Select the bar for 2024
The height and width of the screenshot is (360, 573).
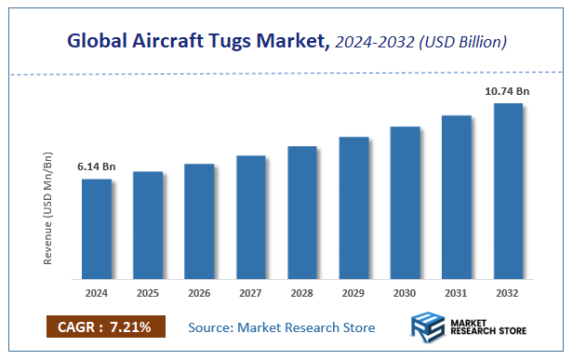(x=97, y=229)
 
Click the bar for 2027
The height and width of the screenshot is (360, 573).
(x=251, y=217)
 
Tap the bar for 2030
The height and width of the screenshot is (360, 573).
(x=406, y=202)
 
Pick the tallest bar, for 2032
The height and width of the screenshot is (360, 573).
(x=508, y=191)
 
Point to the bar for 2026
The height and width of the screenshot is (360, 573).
(x=199, y=221)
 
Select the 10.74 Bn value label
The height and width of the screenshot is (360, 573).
(x=508, y=91)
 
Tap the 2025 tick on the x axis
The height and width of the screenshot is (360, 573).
(x=148, y=294)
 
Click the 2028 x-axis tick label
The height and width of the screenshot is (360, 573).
(x=302, y=294)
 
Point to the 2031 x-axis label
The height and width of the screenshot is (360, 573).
(x=457, y=294)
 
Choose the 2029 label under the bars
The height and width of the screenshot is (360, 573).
(x=353, y=294)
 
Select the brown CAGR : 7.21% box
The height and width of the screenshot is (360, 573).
(x=105, y=327)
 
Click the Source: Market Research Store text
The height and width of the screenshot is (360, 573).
(x=282, y=327)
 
